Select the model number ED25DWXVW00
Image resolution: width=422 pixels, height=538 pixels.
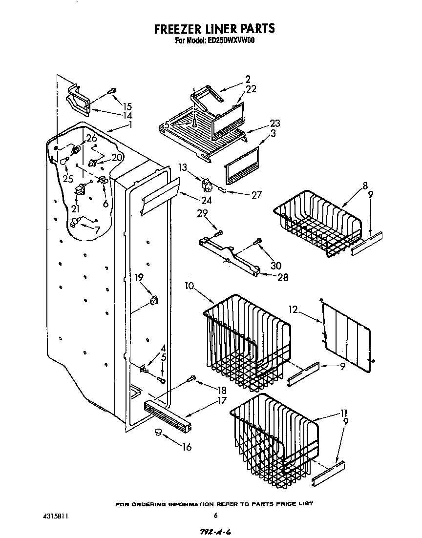click(229, 41)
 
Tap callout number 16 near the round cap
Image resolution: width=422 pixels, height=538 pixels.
click(187, 447)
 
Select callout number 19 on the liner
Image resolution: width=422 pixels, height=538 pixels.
click(139, 278)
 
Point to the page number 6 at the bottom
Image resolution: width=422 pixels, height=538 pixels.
click(215, 515)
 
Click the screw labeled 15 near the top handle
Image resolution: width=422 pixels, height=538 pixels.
click(112, 90)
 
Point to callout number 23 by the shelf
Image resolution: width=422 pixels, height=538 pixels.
click(274, 123)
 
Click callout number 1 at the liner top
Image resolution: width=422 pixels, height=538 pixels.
click(130, 124)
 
